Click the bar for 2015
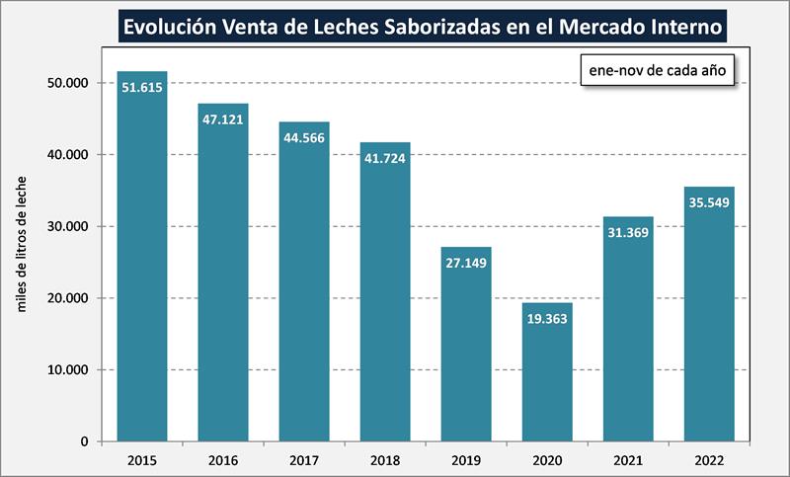142,257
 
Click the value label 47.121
223,119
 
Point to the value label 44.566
304,137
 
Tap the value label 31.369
628,232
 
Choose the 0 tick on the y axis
86,441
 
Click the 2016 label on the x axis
223,459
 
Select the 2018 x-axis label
385,459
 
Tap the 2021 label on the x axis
628,459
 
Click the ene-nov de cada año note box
658,70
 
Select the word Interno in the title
673,23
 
